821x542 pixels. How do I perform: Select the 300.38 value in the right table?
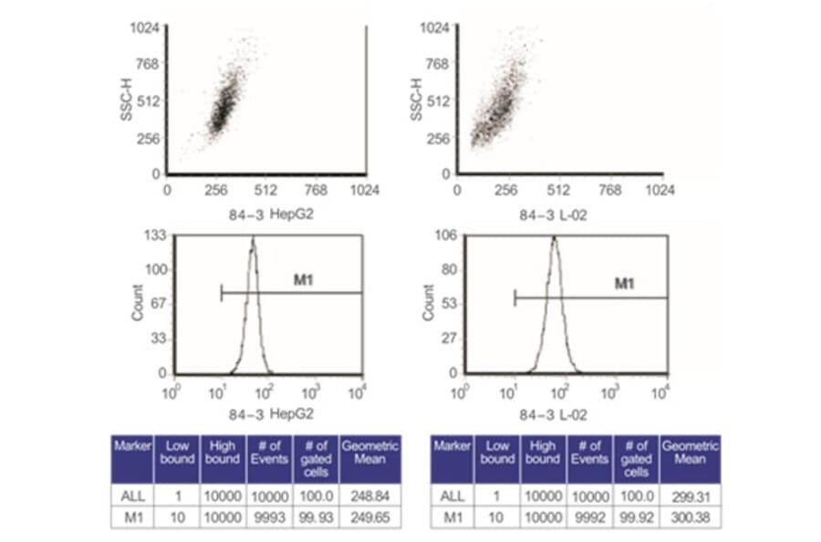[690, 516]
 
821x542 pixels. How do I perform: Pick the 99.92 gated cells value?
[636, 516]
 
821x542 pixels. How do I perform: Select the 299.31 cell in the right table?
[690, 494]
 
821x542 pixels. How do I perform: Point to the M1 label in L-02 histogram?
[624, 284]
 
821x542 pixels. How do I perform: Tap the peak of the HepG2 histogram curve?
[253, 239]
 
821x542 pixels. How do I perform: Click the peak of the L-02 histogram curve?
[553, 239]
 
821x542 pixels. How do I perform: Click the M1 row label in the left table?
[126, 516]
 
